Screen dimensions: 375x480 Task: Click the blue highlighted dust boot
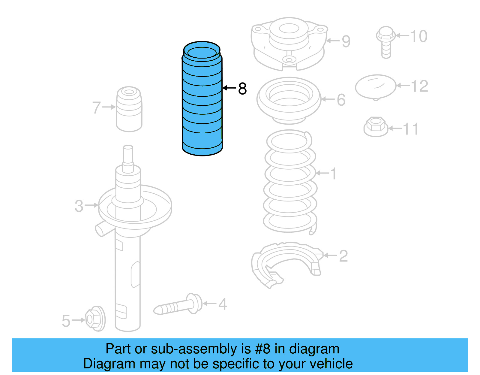[202, 102]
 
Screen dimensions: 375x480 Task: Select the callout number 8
[242, 89]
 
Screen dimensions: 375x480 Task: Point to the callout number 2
[343, 256]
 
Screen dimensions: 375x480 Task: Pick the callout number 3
[79, 206]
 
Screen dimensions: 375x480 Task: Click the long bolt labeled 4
[178, 305]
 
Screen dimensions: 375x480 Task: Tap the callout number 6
[341, 100]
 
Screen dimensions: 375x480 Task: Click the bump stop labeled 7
[129, 110]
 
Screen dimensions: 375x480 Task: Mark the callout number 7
[96, 107]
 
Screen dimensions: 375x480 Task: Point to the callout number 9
[346, 41]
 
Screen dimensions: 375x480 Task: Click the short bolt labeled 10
[386, 42]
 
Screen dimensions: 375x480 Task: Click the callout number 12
[419, 86]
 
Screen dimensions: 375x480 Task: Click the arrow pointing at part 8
[229, 88]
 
